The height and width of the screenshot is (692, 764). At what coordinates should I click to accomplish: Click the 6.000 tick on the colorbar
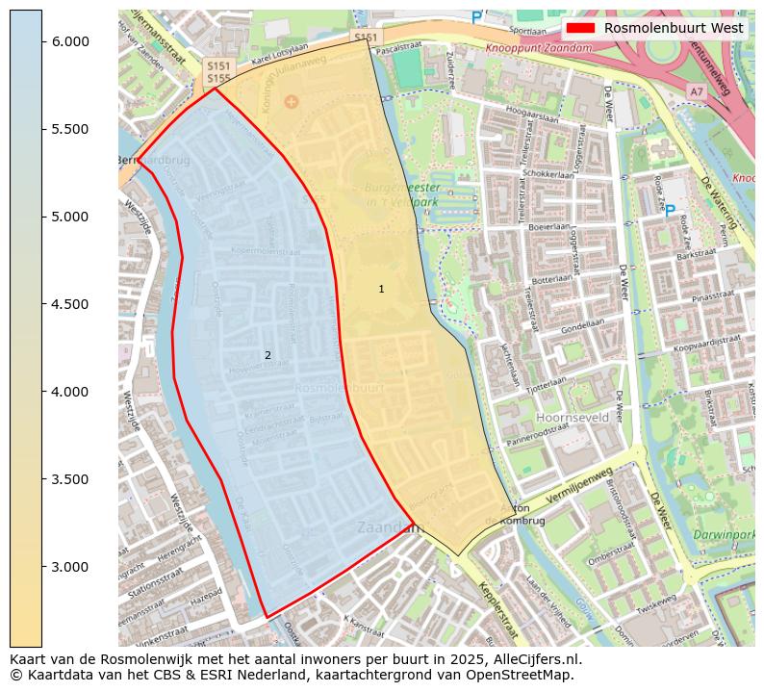click(x=42, y=41)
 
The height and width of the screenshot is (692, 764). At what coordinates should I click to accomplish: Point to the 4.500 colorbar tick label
click(x=70, y=304)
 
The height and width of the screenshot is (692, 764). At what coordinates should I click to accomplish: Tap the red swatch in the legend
click(x=582, y=29)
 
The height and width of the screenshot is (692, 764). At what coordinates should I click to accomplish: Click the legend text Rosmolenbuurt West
click(x=674, y=29)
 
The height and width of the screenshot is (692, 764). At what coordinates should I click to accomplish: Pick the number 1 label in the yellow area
click(x=381, y=289)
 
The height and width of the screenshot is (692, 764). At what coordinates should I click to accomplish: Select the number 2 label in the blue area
click(x=267, y=355)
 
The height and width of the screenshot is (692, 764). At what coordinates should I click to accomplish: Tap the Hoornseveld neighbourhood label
click(x=573, y=419)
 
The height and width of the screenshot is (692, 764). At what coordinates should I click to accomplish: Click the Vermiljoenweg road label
click(x=577, y=486)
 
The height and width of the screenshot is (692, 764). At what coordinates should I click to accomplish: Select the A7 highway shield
click(x=696, y=90)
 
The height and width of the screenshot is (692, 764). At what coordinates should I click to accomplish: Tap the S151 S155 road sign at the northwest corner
click(x=218, y=71)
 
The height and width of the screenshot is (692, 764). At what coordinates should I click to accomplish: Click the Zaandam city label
click(x=389, y=527)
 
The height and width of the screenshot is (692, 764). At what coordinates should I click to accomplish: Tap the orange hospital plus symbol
click(x=292, y=101)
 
